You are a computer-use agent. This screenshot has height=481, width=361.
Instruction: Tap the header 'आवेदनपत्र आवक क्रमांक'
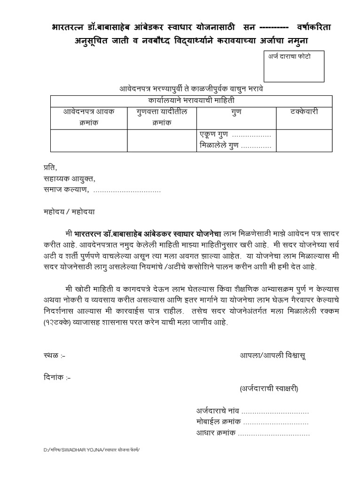coord(89,117)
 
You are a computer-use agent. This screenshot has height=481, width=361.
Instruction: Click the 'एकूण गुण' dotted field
coord(252,135)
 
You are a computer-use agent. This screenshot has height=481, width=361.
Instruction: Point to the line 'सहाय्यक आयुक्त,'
coord(66,178)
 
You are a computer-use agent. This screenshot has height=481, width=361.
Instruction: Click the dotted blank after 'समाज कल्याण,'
coord(127,190)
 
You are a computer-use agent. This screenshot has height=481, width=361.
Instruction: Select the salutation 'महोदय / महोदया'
coord(66,211)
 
